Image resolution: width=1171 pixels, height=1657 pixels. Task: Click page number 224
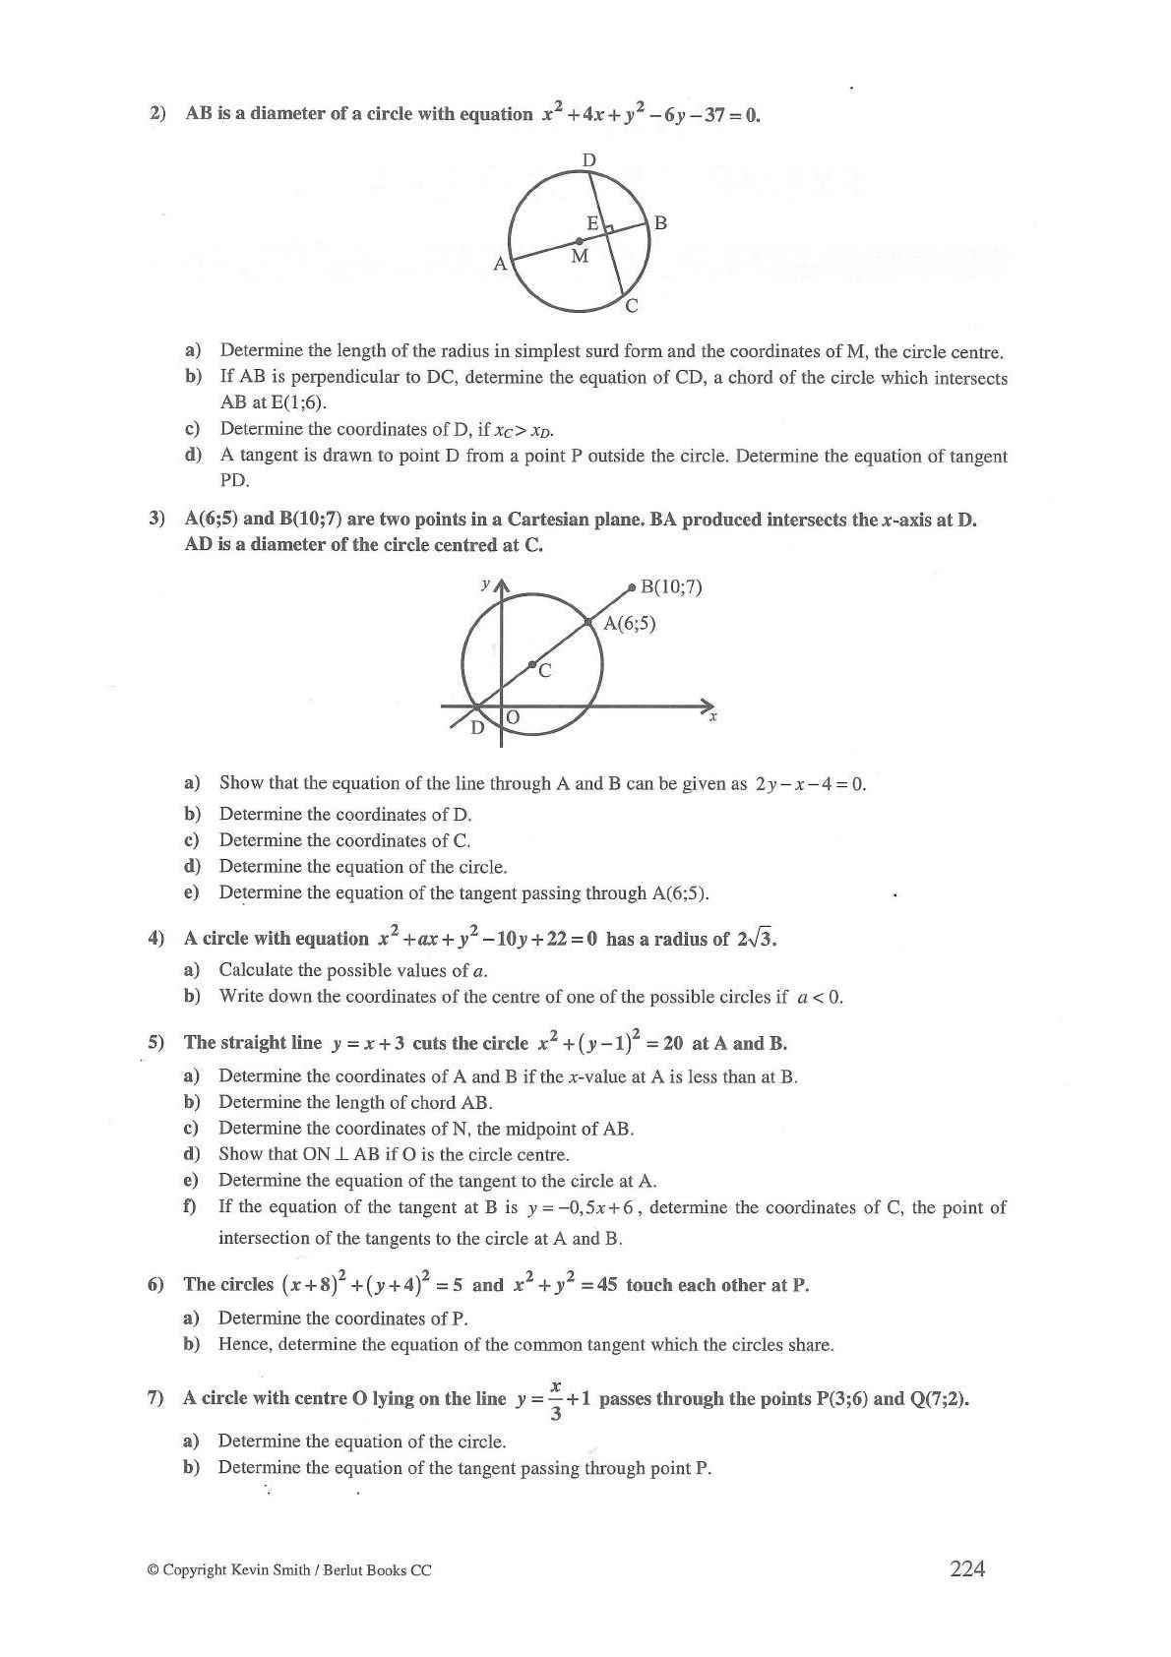(967, 1568)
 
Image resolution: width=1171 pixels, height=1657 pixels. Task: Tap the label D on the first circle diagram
(588, 159)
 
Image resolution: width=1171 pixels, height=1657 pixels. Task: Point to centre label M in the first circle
(580, 257)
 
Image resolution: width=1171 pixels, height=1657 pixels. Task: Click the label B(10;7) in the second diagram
(671, 587)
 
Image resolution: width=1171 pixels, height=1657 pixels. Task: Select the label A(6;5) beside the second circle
(630, 623)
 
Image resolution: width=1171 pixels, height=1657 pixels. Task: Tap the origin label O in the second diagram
(513, 718)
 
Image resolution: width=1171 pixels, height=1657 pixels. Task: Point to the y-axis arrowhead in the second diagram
(502, 587)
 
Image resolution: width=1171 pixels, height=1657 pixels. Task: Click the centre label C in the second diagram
(544, 671)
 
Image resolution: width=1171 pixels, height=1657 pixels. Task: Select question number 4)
(155, 938)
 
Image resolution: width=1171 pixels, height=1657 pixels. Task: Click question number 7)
(154, 1398)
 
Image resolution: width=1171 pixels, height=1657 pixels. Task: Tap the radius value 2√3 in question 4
(756, 938)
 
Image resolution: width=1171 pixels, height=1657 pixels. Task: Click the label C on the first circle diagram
(632, 306)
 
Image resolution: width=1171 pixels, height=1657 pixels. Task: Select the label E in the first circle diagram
(592, 223)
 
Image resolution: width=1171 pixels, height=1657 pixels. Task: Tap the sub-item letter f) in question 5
(190, 1206)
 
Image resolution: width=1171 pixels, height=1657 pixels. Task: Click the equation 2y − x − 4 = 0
(810, 784)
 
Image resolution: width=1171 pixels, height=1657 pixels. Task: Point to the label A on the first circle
(500, 264)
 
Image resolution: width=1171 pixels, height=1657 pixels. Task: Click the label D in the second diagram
(477, 728)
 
